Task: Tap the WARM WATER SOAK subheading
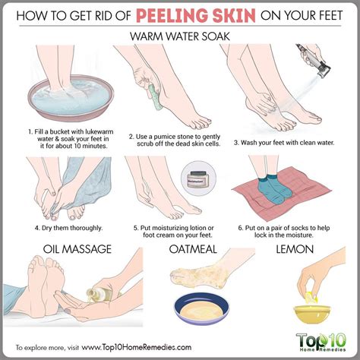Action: (x=180, y=35)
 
